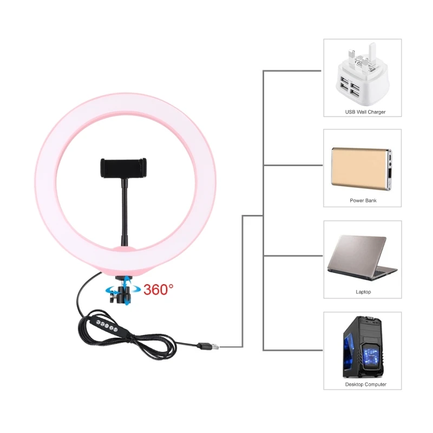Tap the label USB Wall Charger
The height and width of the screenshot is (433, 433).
[365, 112]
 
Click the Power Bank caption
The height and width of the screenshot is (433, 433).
[363, 200]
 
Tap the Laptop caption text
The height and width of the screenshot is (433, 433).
[363, 292]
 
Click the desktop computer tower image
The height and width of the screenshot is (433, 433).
[362, 347]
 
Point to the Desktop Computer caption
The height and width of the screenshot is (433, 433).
[365, 384]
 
